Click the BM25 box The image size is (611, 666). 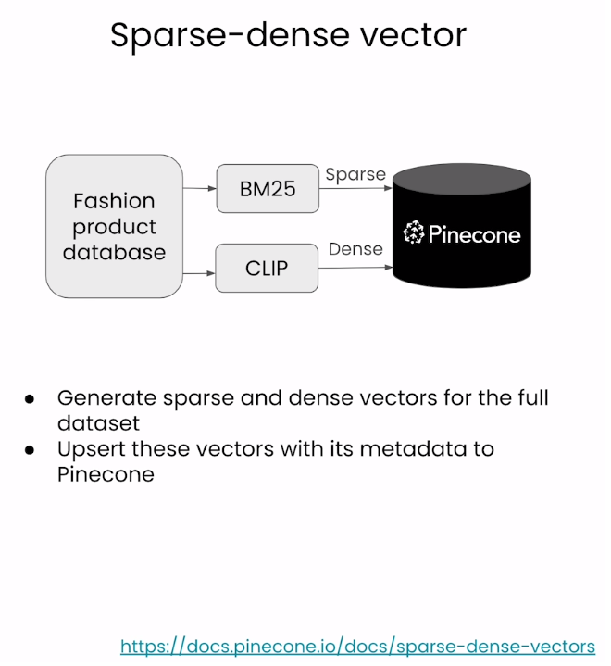[268, 189]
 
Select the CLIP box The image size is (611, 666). [267, 269]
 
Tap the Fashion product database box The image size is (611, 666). [114, 226]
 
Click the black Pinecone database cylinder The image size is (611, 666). [461, 226]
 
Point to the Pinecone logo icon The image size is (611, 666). [414, 232]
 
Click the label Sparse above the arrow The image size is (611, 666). [355, 174]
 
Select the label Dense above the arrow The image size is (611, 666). [355, 249]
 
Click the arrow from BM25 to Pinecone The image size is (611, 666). [355, 188]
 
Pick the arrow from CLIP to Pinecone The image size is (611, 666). [355, 268]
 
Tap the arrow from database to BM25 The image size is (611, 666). [198, 189]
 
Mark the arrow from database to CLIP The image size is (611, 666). [198, 273]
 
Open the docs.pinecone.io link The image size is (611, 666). [357, 647]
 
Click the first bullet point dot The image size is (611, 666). [30, 399]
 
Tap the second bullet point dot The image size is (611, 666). [30, 450]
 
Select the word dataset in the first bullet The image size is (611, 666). [98, 423]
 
